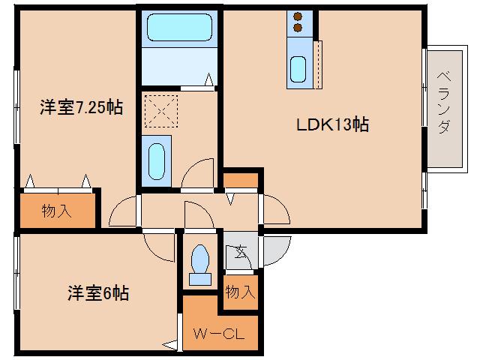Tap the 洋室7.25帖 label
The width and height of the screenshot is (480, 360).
pyautogui.click(x=81, y=107)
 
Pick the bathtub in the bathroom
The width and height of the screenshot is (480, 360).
pyautogui.click(x=178, y=28)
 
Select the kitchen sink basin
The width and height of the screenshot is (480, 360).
pyautogui.click(x=298, y=70)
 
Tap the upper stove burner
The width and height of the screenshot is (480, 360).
pyautogui.click(x=296, y=16)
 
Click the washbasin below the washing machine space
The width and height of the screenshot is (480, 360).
pyautogui.click(x=157, y=160)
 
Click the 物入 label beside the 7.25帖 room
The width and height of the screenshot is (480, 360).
pyautogui.click(x=56, y=211)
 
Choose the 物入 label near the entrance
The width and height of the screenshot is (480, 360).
pyautogui.click(x=239, y=291)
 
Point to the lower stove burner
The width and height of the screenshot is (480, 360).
pyautogui.click(x=296, y=29)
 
